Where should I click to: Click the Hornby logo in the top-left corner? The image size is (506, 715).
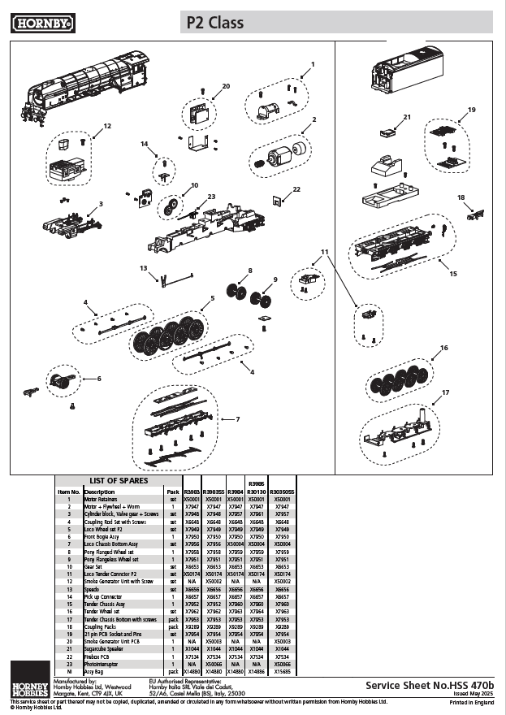(43, 23)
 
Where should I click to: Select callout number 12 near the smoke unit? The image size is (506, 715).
(107, 126)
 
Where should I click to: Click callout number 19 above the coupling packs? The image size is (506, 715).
(472, 109)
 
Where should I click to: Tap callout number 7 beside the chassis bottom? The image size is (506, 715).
(237, 418)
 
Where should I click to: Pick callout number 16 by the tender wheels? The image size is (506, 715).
(444, 348)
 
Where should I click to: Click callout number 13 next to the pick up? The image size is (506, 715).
(143, 267)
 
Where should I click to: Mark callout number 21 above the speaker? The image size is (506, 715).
(407, 118)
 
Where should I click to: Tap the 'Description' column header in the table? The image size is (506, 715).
(99, 492)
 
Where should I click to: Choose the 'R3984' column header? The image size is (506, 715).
(235, 492)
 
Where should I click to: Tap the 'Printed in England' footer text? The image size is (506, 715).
(471, 702)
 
